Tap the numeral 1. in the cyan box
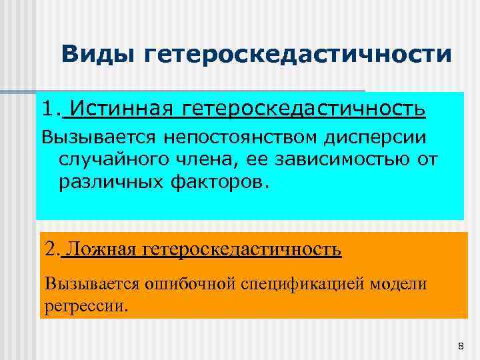52,108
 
